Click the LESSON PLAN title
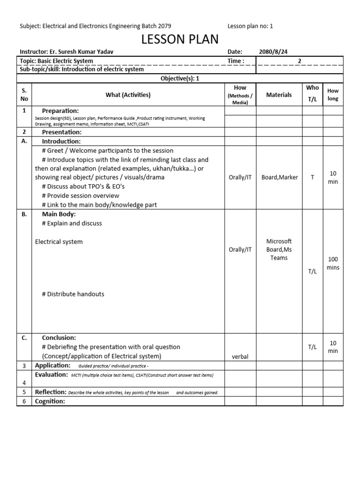point(180,39)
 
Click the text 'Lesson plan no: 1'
point(250,26)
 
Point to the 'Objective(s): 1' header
point(180,78)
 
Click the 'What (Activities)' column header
point(128,95)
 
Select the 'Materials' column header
point(279,95)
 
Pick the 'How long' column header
point(333,95)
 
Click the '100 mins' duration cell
point(333,263)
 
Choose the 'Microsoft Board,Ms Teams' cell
point(279,249)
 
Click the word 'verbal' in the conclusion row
point(240,356)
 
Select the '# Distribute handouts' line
point(73,294)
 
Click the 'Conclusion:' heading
point(59,337)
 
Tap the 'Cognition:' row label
point(50,401)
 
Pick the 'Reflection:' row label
point(51,392)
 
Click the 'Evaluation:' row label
point(52,375)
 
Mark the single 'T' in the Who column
point(312,177)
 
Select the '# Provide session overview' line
point(79,195)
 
